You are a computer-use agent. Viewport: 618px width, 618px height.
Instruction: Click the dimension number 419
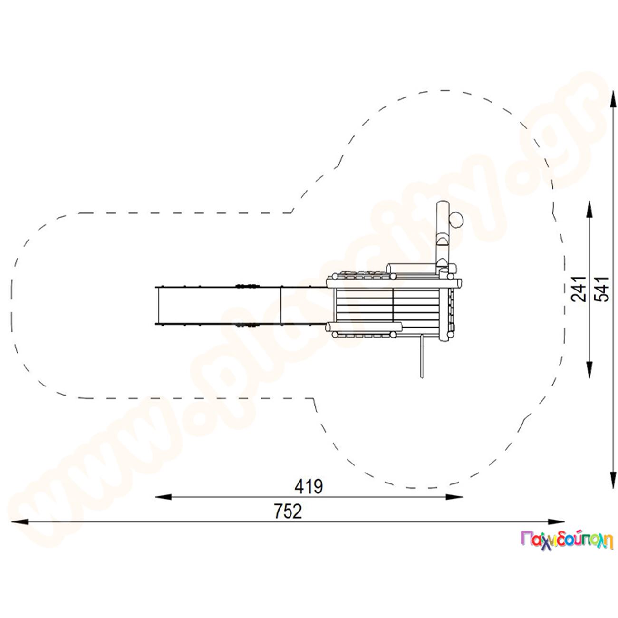309,487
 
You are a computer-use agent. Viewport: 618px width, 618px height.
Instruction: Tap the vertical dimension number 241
578,289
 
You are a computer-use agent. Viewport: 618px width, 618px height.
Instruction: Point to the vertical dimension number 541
601,289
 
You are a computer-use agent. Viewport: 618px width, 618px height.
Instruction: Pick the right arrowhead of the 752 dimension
556,522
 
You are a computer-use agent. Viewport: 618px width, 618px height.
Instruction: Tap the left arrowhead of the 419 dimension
163,497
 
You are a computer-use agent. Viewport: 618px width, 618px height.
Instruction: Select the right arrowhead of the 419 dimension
454,497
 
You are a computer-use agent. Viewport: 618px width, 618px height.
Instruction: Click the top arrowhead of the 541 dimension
613,99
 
